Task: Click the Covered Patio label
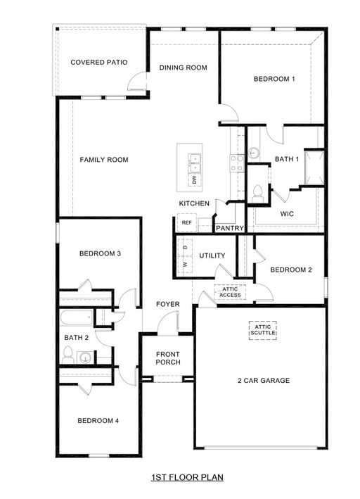[x=99, y=63]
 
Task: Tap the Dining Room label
[x=184, y=68]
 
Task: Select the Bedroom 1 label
[x=274, y=79]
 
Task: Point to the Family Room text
[x=104, y=160]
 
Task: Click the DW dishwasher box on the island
[x=195, y=179]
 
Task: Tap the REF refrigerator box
[x=186, y=222]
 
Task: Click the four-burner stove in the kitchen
[x=237, y=163]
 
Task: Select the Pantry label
[x=230, y=228]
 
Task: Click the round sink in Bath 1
[x=254, y=153]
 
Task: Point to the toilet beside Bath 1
[x=257, y=194]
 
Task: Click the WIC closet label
[x=287, y=214]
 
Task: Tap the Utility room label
[x=212, y=255]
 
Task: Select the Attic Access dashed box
[x=230, y=292]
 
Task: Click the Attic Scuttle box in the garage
[x=263, y=330]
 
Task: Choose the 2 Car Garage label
[x=264, y=381]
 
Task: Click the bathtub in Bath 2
[x=77, y=317]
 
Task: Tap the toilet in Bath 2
[x=67, y=355]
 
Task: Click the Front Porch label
[x=168, y=358]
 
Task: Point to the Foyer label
[x=168, y=304]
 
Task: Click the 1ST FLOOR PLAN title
[x=187, y=477]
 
